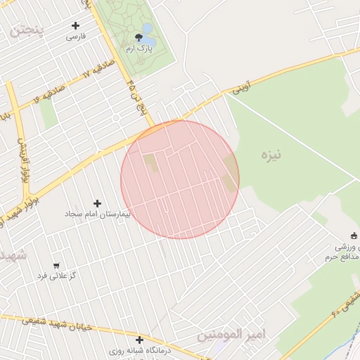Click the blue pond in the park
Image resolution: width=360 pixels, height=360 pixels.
tap(147, 30)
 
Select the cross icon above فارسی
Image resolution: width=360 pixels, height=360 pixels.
tap(75, 25)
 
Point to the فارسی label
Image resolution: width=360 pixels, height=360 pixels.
tap(75, 36)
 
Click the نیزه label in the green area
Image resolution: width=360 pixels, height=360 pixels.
tap(270, 155)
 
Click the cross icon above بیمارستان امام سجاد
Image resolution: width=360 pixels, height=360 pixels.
tap(98, 203)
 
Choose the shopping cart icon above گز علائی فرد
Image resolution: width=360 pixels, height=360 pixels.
tap(56, 266)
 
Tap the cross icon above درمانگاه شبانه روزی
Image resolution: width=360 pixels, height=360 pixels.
tap(139, 340)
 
